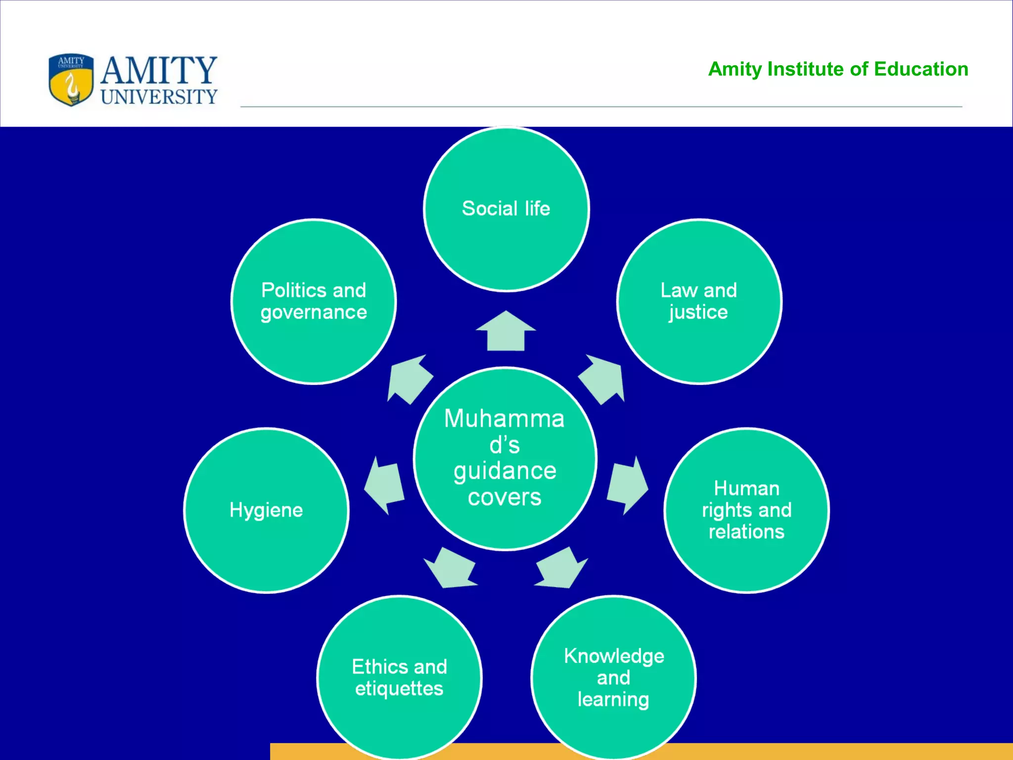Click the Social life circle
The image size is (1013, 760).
coord(506,209)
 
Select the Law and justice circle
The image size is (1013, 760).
coord(699,301)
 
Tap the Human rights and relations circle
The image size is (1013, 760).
coord(746,510)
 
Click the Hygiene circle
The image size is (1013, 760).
coord(267,510)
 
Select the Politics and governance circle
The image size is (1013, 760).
coord(314,301)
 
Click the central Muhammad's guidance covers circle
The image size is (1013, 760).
coord(505,458)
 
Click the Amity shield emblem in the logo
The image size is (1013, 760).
coord(71,80)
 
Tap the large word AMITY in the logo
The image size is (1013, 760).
coord(159,70)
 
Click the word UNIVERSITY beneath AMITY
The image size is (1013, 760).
coord(159,96)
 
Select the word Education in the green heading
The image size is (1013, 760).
coord(921,69)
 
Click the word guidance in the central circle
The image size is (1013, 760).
coord(505,471)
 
